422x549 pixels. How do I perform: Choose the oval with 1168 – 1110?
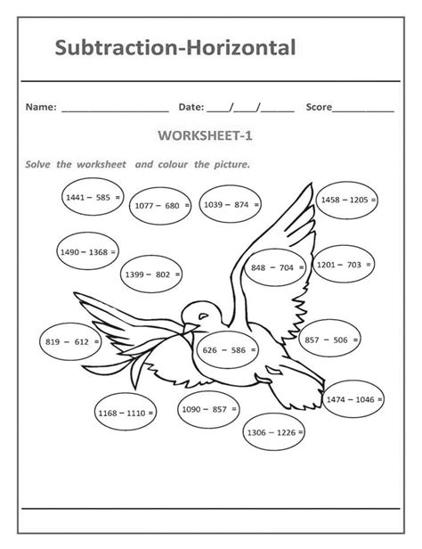coord(126,413)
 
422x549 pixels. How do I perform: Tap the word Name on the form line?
coord(41,107)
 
